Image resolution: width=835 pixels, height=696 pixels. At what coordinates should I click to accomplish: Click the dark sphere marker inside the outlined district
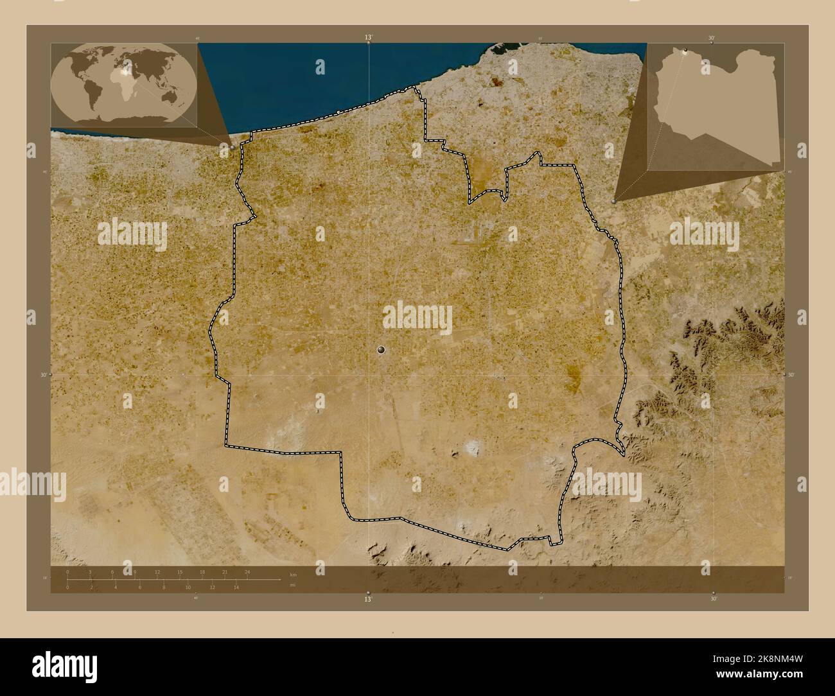pos(382,349)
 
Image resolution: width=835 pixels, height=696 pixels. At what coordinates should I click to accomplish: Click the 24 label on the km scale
pos(247,571)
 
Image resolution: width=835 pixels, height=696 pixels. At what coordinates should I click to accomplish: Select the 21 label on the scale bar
pos(225,571)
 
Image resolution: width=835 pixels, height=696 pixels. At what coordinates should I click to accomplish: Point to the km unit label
pos(293,574)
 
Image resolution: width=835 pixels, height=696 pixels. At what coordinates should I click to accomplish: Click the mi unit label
pos(292,585)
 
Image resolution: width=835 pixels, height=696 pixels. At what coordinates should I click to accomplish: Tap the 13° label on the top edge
pos(368,38)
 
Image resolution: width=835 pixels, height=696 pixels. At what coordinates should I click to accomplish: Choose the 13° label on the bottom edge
pos(368,599)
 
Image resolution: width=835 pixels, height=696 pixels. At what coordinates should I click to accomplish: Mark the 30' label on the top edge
pos(712,38)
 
